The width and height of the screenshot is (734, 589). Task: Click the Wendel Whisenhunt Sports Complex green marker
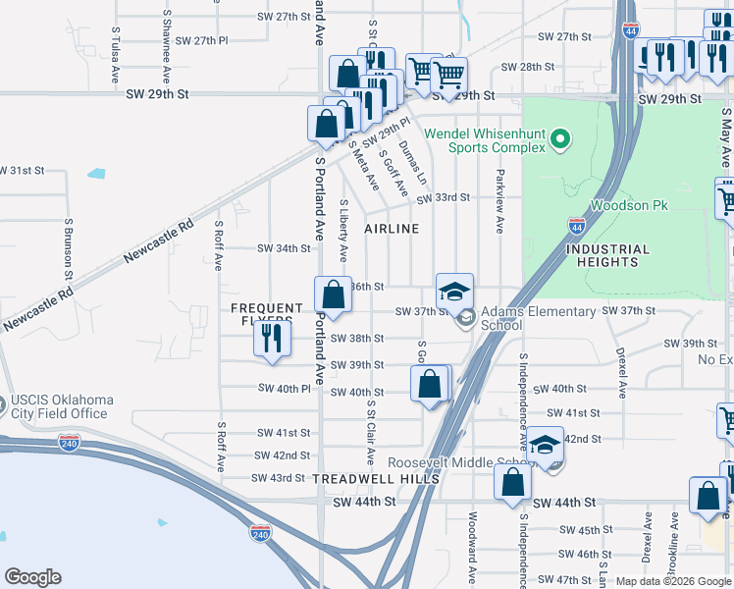click(561, 140)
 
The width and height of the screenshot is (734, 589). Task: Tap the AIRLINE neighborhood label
click(392, 229)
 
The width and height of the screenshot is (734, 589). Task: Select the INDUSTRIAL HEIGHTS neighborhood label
click(607, 255)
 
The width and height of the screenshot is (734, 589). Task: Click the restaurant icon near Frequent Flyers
click(271, 338)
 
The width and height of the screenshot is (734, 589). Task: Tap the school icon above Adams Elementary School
click(455, 292)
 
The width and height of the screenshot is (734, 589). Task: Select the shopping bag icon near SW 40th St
click(430, 384)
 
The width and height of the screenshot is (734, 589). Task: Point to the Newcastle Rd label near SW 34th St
click(159, 241)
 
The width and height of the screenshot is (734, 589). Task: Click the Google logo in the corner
click(32, 577)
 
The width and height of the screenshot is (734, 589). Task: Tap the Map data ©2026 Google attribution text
click(672, 581)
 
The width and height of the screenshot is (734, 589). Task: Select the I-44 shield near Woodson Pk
click(575, 225)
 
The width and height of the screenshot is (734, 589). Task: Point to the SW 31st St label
click(23, 171)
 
